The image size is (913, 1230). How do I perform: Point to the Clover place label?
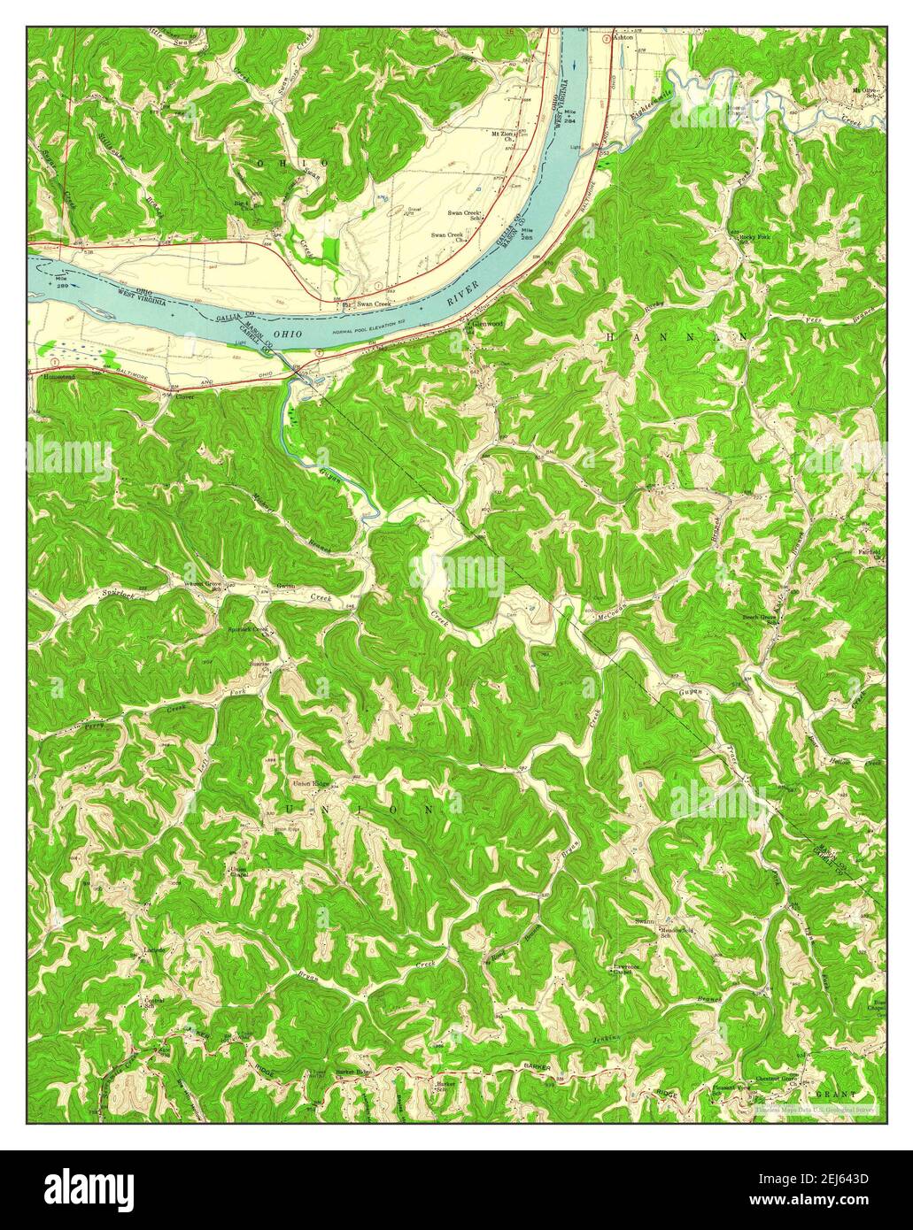tap(184, 396)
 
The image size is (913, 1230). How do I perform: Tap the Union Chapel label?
tap(238, 872)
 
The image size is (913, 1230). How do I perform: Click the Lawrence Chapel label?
tap(627, 971)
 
